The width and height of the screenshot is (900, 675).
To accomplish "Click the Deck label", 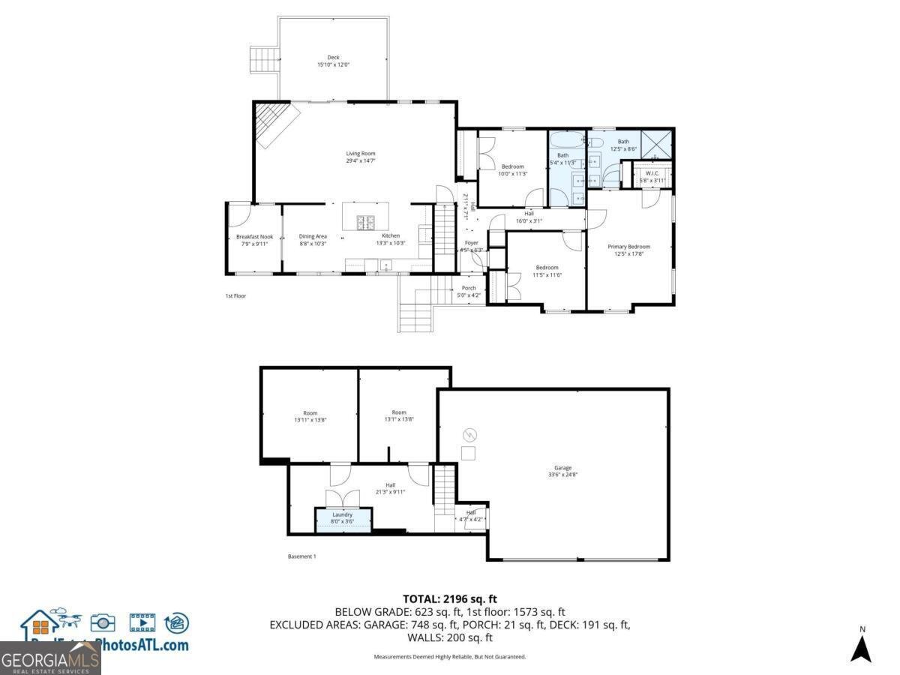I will pyautogui.click(x=333, y=58).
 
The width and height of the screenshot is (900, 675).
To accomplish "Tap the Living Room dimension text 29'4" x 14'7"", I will pyautogui.click(x=361, y=160).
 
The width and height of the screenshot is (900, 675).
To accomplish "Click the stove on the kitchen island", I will pyautogui.click(x=365, y=222).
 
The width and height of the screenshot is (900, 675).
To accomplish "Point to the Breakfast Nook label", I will pyautogui.click(x=254, y=237).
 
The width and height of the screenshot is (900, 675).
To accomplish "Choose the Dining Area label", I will pyautogui.click(x=313, y=237).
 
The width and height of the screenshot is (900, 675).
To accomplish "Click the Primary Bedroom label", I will pyautogui.click(x=628, y=247).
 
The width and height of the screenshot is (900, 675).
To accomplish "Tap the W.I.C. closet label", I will pyautogui.click(x=652, y=173).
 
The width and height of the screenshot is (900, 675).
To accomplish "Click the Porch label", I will pyautogui.click(x=469, y=288).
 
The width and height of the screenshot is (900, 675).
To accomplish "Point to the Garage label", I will pyautogui.click(x=562, y=468).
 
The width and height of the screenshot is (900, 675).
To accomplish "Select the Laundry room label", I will pyautogui.click(x=343, y=514).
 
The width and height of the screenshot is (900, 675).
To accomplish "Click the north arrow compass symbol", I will pyautogui.click(x=861, y=646).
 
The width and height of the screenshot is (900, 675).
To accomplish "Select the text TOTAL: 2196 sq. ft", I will pyautogui.click(x=450, y=598).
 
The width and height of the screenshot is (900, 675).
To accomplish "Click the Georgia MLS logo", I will pyautogui.click(x=50, y=659).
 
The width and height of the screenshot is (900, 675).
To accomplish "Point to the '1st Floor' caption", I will pyautogui.click(x=235, y=296).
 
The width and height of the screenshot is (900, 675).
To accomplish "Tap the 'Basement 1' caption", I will pyautogui.click(x=302, y=556).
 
